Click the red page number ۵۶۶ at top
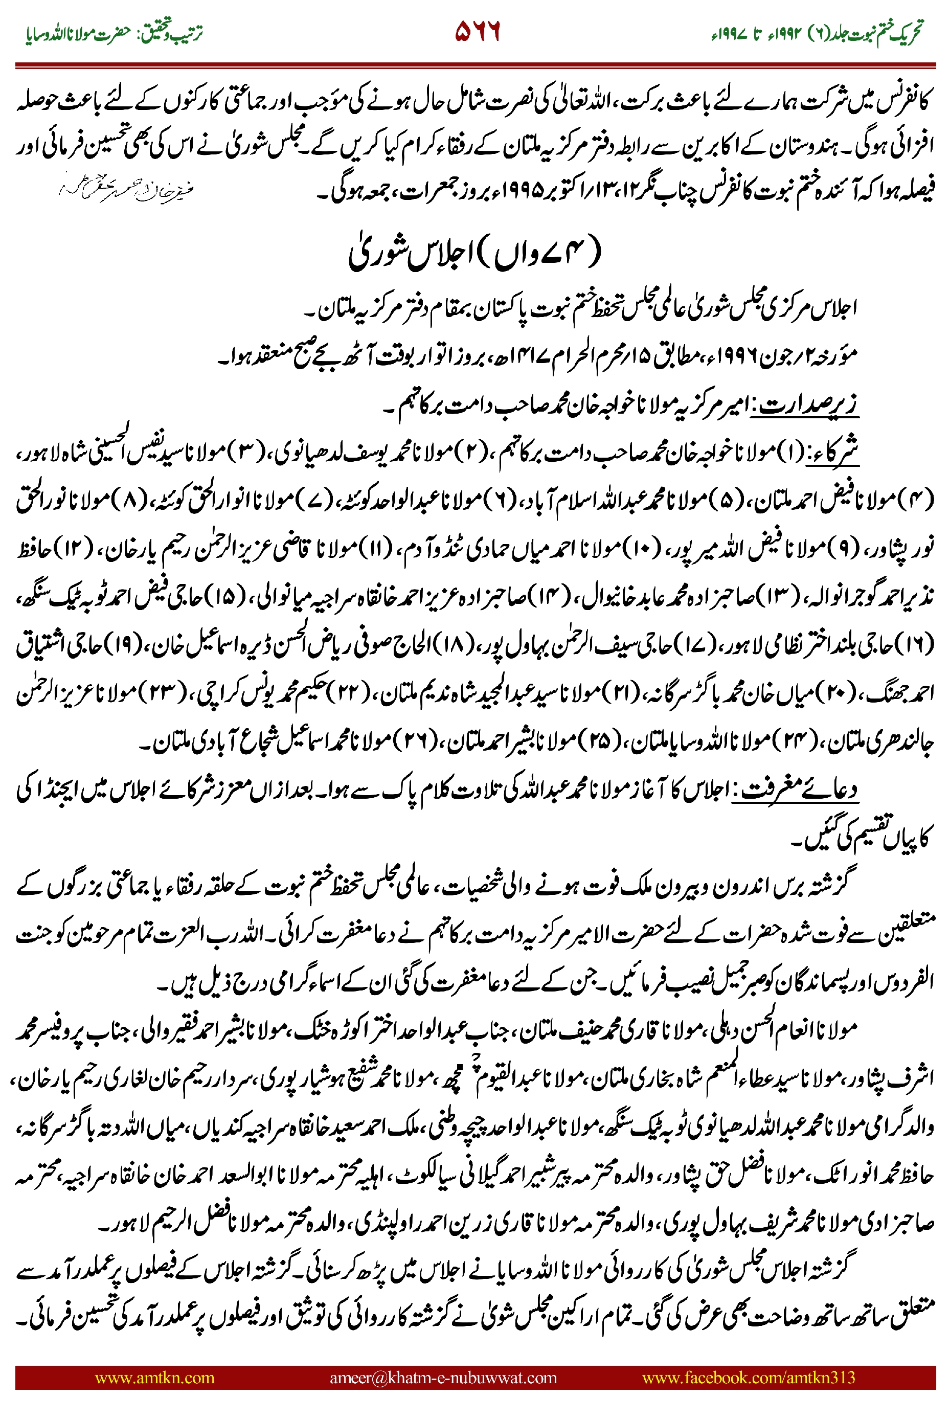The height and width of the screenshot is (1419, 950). (478, 32)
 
